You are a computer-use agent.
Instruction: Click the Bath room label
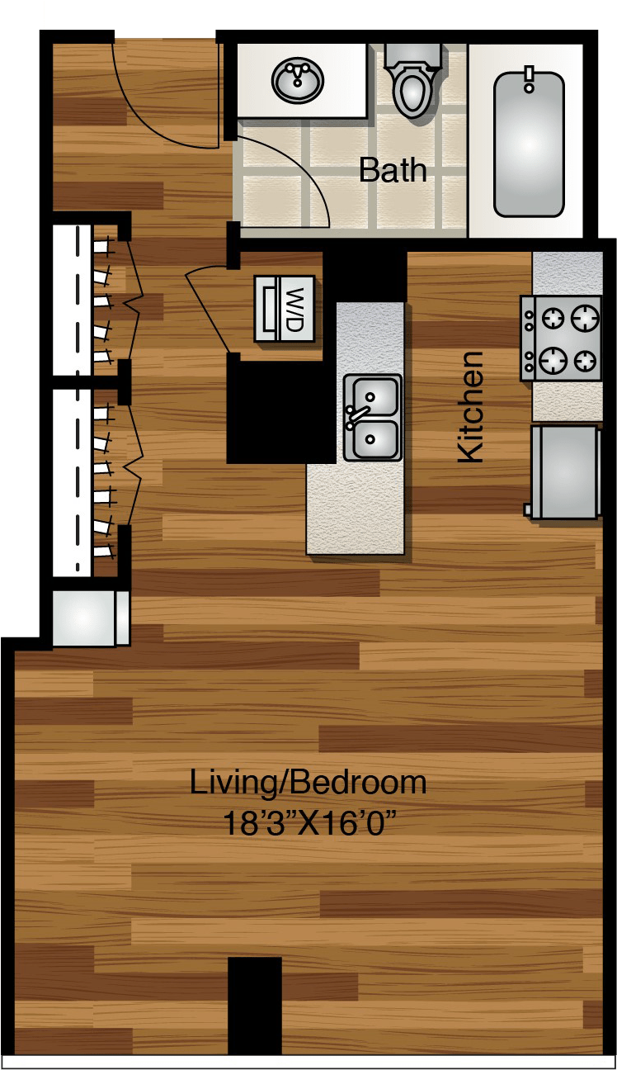click(393, 170)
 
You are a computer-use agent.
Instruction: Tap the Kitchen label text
click(470, 406)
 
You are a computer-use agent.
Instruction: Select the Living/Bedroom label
click(308, 782)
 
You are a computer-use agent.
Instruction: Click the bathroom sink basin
click(298, 80)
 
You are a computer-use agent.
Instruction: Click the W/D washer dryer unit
click(284, 308)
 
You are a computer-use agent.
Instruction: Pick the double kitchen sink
click(372, 417)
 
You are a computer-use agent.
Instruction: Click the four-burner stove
click(561, 338)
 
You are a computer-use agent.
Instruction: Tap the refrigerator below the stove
click(564, 472)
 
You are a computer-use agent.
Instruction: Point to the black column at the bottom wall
click(254, 1004)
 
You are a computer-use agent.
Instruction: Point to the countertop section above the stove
click(568, 272)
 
